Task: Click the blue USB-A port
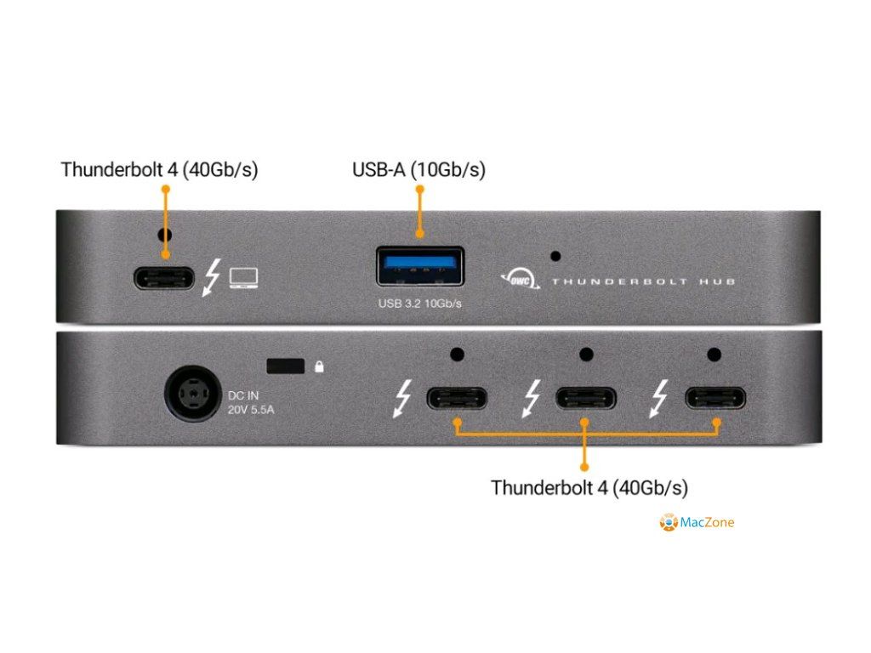click(x=420, y=266)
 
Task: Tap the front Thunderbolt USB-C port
click(x=163, y=278)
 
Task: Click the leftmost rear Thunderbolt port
click(x=457, y=398)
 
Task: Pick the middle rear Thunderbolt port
click(x=586, y=398)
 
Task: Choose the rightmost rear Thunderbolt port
click(x=715, y=398)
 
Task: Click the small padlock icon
click(x=319, y=366)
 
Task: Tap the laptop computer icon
click(x=244, y=278)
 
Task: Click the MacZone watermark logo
click(x=669, y=522)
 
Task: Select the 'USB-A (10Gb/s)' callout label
click(x=418, y=170)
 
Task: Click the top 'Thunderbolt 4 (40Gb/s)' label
click(x=159, y=170)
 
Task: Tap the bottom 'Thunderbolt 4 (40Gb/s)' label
click(x=589, y=488)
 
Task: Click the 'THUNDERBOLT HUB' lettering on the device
click(x=643, y=281)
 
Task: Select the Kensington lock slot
click(x=286, y=366)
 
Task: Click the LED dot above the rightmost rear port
click(x=714, y=355)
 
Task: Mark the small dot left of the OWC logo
click(x=555, y=255)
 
